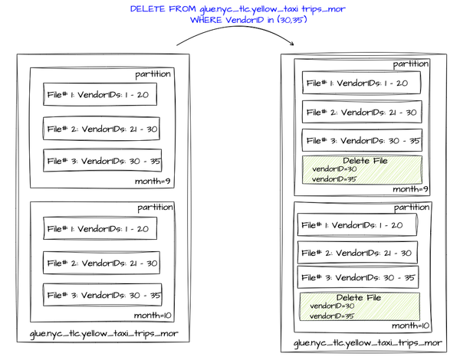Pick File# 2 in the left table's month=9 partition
102,129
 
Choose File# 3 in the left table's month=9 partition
103,161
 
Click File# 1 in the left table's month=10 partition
100,228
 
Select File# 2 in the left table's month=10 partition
102,263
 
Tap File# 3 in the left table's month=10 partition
103,295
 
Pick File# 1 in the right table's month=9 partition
362,83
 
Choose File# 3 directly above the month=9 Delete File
362,140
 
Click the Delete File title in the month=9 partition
365,161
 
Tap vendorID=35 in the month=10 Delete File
333,316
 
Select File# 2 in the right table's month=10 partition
358,253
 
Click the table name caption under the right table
367,343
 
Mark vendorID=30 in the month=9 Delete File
334,169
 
